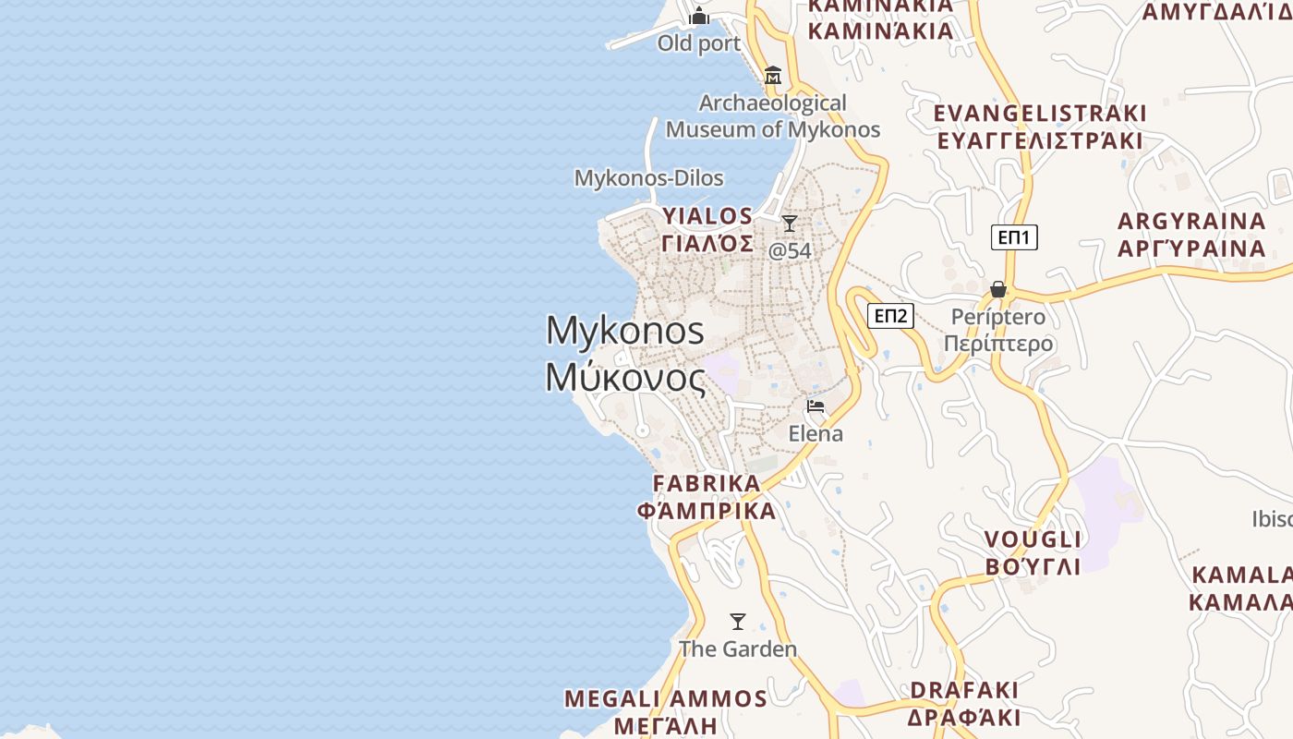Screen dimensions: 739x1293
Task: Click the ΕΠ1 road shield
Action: pos(1014,237)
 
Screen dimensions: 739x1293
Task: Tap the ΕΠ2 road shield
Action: pos(890,317)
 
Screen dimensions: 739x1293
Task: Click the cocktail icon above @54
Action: pos(790,224)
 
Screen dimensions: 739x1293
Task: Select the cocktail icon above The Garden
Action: pos(737,622)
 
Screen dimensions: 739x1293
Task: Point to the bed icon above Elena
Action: pos(815,406)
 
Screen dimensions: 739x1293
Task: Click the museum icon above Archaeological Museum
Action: pos(773,75)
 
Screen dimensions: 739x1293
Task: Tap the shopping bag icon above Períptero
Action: pos(997,290)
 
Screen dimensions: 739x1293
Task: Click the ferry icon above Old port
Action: pos(699,16)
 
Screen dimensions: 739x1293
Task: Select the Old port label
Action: pos(699,43)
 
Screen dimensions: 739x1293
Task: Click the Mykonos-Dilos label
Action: pos(648,177)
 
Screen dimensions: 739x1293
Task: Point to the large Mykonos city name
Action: pos(625,331)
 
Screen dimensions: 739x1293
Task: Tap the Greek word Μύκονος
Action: pos(625,377)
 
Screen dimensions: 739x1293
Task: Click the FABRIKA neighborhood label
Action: pos(707,483)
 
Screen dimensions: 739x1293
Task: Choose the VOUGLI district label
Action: pos(1033,539)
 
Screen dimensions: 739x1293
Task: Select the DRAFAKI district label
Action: pos(964,690)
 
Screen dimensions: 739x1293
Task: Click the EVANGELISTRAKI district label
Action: pos(1040,114)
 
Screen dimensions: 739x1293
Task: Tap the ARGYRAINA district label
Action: pos(1191,222)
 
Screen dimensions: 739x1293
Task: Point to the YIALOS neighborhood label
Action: pos(707,216)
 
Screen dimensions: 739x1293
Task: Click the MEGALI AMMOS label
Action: pos(665,698)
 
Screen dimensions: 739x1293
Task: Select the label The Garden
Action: pos(738,649)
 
